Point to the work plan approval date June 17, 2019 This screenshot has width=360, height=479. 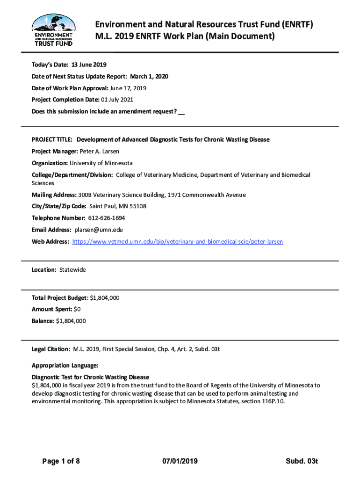pos(129,88)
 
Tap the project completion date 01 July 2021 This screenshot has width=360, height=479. pos(117,100)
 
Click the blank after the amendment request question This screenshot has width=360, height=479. pos(181,112)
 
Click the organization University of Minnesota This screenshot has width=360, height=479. pos(101,163)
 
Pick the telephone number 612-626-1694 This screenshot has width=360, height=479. pos(106,218)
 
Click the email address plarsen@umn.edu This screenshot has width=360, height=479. pos(98,230)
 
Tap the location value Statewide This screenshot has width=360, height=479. pos(72,270)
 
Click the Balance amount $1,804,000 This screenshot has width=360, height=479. pos(71,321)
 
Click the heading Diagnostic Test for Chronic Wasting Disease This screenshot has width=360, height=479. pos(90,377)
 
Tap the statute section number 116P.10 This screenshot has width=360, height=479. pos(271,401)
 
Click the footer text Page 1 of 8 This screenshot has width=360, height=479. pos(61,462)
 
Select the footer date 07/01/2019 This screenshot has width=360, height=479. pos(180,462)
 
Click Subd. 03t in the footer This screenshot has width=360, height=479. pos(302,462)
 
